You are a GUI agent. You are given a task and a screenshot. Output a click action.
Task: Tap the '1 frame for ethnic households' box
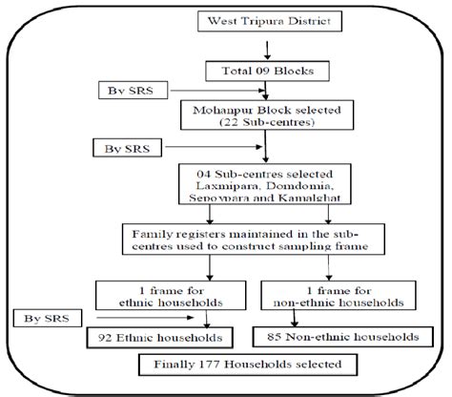tap(179, 295)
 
